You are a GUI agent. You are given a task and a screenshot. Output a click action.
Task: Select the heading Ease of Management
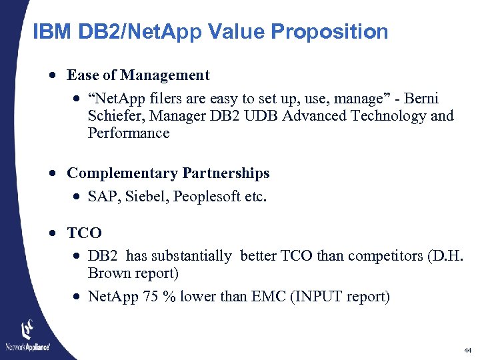pos(139,75)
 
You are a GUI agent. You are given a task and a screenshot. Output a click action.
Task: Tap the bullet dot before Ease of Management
pos(51,76)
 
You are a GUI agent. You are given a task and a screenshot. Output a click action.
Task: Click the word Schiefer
pos(116,116)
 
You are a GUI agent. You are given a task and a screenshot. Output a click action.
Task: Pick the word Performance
pos(129,133)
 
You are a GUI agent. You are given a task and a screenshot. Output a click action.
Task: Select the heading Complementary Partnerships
pos(168,173)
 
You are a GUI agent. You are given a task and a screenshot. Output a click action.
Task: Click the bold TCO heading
pos(85,233)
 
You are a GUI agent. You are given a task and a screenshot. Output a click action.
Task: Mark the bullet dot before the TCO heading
pos(51,234)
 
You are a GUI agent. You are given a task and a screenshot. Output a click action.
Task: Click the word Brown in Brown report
pos(109,273)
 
